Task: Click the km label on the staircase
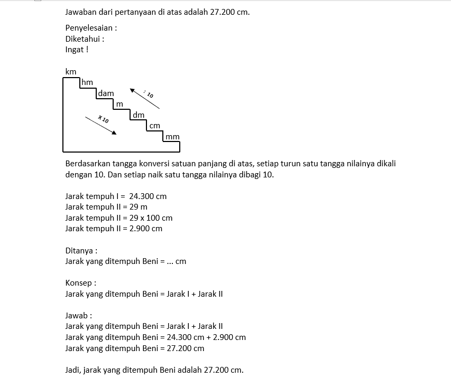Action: (x=71, y=72)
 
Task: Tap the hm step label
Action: (x=87, y=82)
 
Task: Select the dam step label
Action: (x=106, y=93)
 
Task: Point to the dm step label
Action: (x=139, y=115)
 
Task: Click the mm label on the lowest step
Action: (x=172, y=137)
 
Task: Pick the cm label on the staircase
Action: (x=154, y=126)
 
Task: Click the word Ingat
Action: (x=75, y=50)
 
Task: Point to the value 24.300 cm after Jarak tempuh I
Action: (x=148, y=196)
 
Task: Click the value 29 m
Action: (x=139, y=207)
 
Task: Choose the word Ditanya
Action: (x=79, y=251)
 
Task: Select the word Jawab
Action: (x=77, y=316)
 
